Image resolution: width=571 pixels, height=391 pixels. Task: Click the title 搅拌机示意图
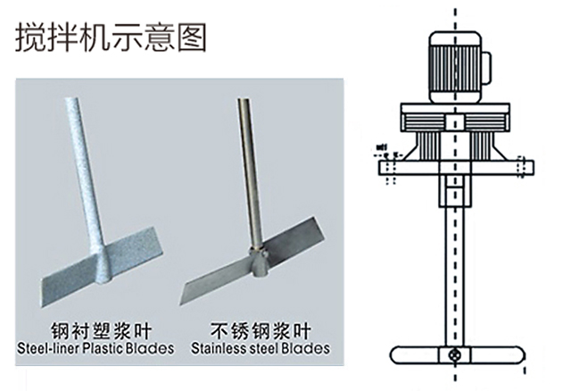point(111,37)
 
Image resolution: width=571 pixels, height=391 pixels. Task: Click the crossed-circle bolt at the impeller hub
point(457,355)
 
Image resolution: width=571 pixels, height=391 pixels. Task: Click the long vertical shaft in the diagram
point(457,277)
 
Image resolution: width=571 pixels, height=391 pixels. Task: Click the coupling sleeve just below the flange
point(457,191)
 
